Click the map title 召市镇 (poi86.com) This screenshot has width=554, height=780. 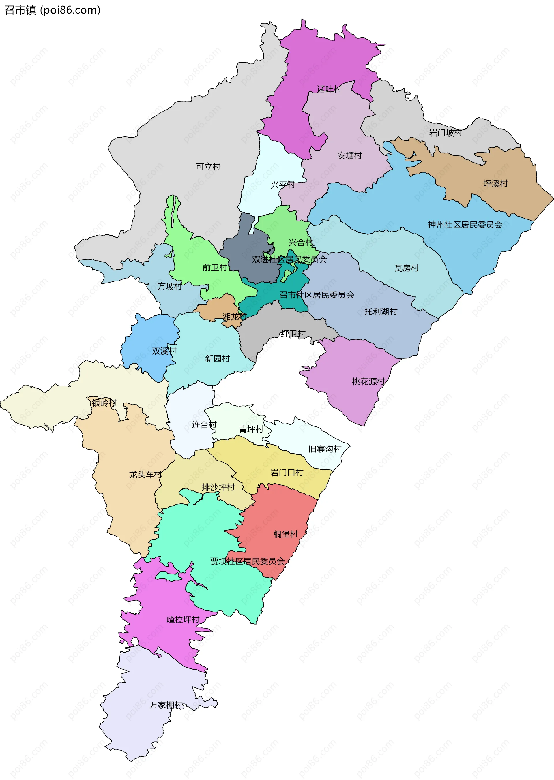point(52,10)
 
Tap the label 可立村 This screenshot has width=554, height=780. point(208,167)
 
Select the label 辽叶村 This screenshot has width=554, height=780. point(329,89)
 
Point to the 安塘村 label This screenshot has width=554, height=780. point(349,155)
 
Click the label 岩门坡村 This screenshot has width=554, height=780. point(445,133)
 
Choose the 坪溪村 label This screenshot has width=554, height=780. point(495,183)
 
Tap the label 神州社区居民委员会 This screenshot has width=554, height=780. point(465,224)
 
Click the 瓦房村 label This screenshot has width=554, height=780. point(406,268)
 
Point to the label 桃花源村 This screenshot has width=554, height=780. point(368,381)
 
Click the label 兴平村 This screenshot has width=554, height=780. point(282,185)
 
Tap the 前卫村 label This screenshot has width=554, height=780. point(215,268)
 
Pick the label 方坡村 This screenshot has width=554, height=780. point(170,286)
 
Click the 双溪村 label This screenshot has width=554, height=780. point(164,351)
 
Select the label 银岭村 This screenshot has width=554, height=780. point(104,403)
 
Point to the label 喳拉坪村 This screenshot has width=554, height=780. point(183,619)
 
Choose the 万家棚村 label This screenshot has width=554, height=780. point(166,705)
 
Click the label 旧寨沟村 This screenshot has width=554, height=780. point(325,449)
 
